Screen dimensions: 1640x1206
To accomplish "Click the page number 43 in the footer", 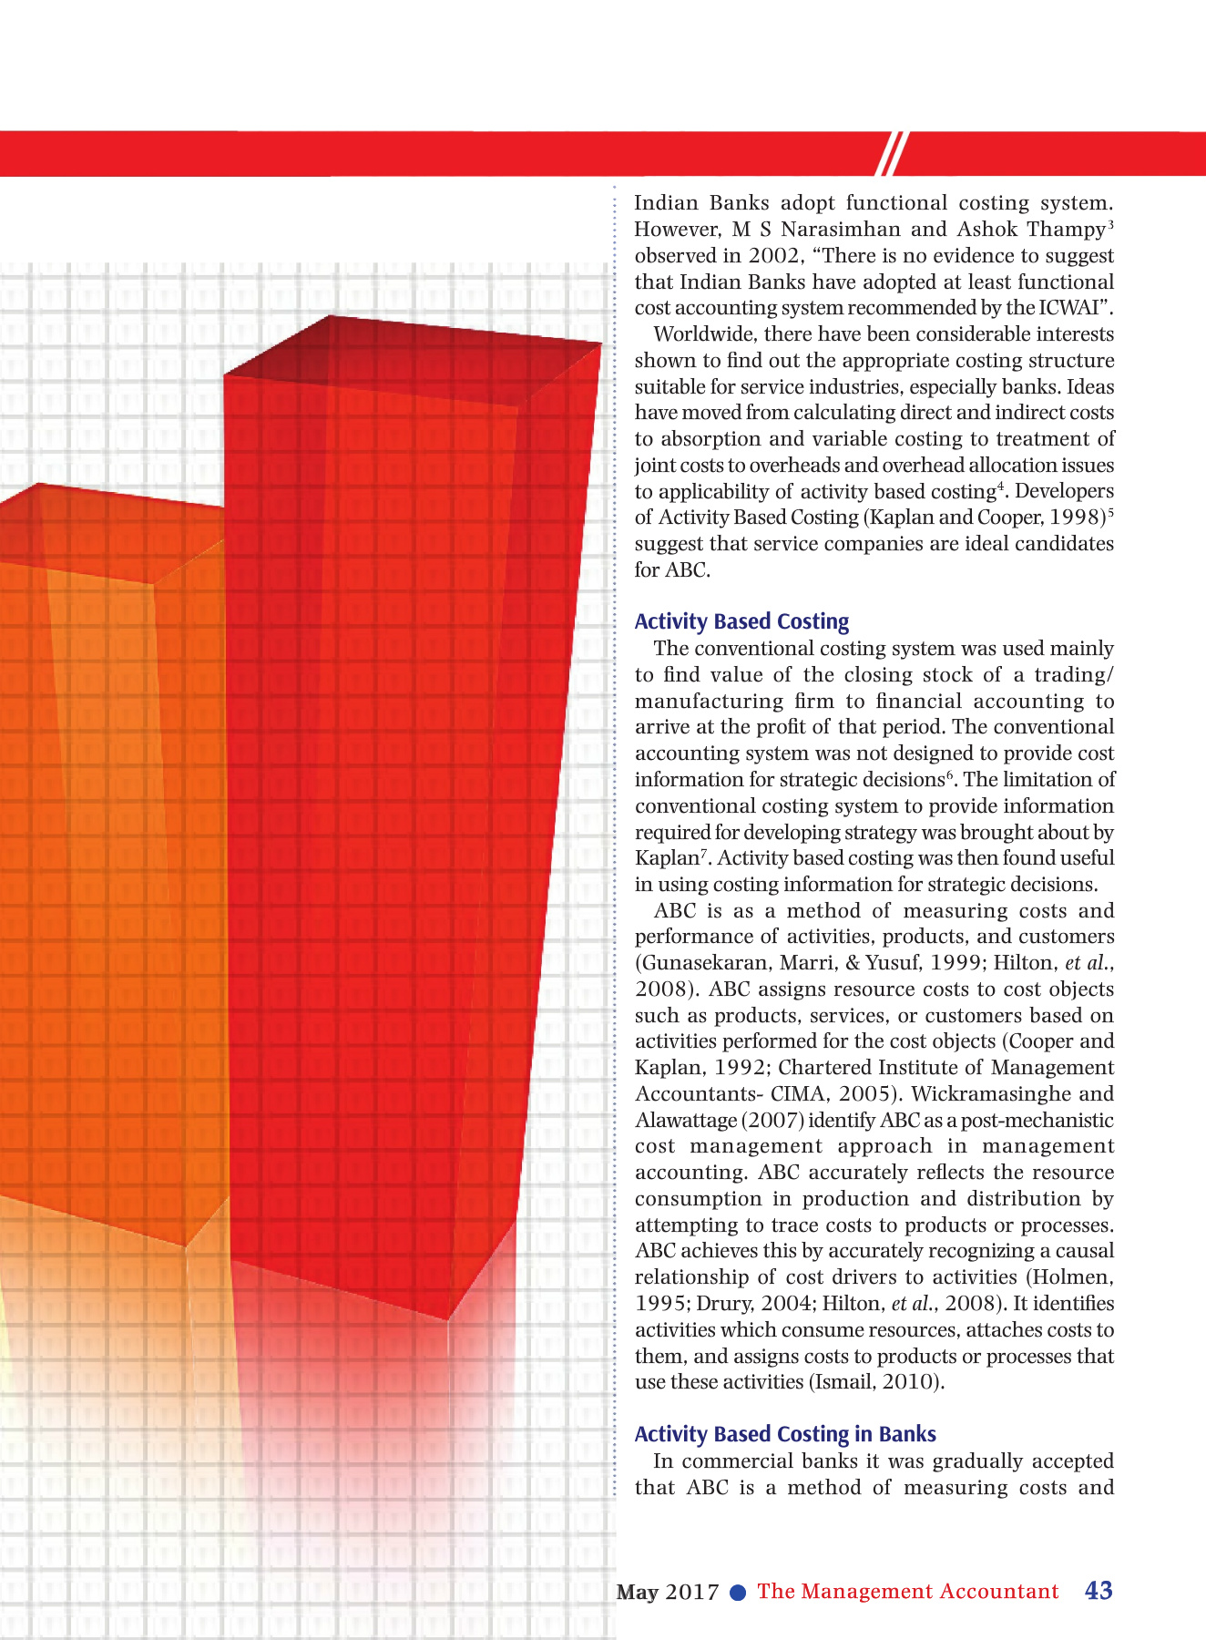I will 1099,1591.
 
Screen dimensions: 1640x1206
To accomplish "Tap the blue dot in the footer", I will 739,1593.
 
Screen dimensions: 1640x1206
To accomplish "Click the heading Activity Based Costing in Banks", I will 785,1434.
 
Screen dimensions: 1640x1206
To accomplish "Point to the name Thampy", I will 1066,230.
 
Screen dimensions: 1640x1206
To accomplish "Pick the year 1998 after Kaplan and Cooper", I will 1075,518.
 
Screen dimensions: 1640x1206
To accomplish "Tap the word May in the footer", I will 637,1593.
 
